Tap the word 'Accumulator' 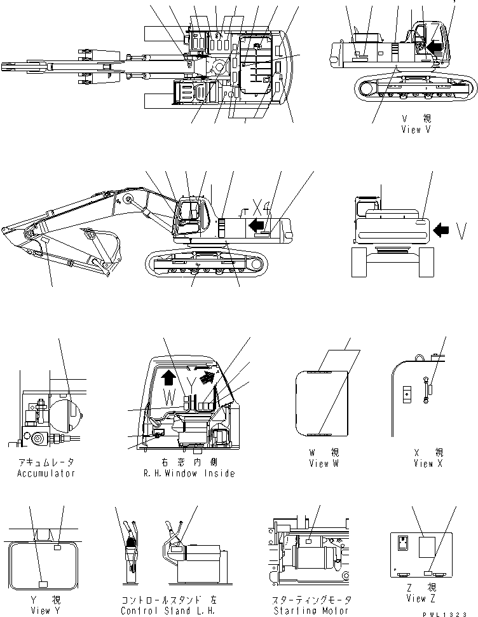(46, 473)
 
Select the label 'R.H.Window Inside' (189, 473)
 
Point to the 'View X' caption (423, 464)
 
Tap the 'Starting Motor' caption (309, 611)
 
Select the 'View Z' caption (420, 599)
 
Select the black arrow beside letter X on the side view (256, 224)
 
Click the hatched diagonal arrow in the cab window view (204, 379)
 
